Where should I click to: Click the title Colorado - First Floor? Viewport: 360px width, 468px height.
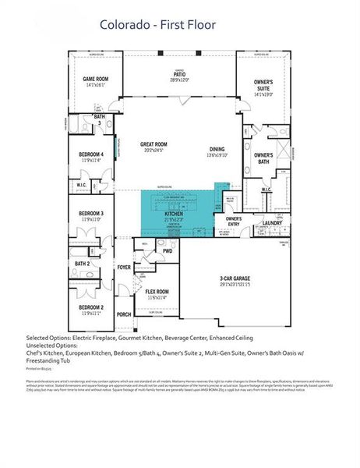157,25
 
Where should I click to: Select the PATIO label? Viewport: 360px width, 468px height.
179,76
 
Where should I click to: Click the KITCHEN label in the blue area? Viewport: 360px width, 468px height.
173,213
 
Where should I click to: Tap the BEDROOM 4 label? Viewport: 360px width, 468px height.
91,154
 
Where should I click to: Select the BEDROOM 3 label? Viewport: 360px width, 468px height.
91,213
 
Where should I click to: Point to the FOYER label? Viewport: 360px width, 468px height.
124,267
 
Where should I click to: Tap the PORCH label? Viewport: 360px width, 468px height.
124,314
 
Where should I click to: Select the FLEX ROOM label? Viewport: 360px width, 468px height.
157,291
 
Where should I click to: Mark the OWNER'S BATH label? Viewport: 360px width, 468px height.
262,158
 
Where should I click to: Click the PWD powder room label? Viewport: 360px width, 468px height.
167,251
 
